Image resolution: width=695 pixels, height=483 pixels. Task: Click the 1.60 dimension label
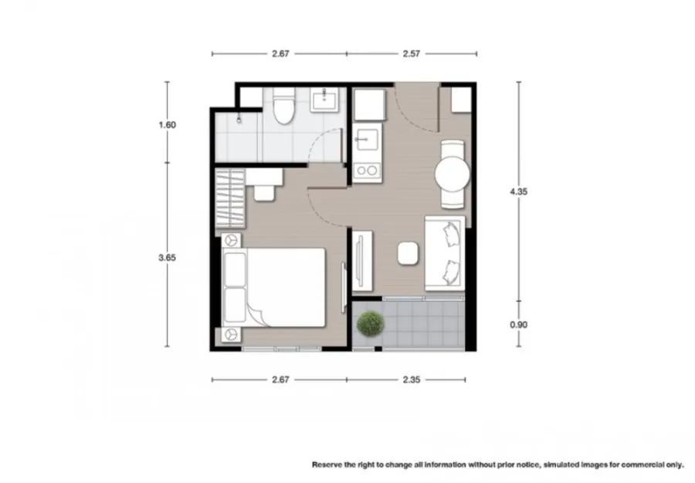[x=167, y=125]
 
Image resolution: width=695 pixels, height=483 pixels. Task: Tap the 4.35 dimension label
[x=519, y=191]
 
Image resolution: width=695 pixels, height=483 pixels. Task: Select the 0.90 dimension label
[x=519, y=325]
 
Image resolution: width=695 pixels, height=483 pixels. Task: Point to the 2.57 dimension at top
[x=412, y=53]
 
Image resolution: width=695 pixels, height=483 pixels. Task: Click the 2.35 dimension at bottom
[x=412, y=380]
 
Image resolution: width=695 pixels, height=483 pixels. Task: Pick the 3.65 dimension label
[x=167, y=258]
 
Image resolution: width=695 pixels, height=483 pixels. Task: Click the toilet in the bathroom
[x=283, y=106]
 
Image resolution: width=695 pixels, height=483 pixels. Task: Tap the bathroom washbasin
[x=324, y=100]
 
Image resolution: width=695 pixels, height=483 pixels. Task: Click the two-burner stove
[x=367, y=171]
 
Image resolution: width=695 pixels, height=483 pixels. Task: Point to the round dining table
[x=452, y=174]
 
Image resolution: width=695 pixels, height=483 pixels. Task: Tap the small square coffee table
[x=408, y=254]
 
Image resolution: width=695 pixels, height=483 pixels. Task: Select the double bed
[x=274, y=288]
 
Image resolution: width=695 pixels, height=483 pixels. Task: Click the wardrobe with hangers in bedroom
[x=230, y=198]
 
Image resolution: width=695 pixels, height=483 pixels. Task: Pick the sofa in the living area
[x=445, y=254]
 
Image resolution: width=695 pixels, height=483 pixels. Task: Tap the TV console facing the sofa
[x=363, y=261]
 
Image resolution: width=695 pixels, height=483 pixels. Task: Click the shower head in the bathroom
[x=239, y=119]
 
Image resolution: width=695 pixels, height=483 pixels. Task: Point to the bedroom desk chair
[x=264, y=193]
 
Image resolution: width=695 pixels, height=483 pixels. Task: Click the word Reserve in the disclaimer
[x=327, y=464]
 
